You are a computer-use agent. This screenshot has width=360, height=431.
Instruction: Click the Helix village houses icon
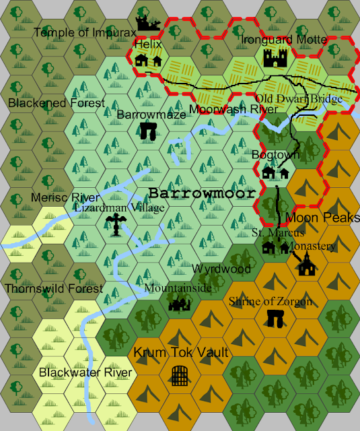148,61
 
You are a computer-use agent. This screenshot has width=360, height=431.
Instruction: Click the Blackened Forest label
57,103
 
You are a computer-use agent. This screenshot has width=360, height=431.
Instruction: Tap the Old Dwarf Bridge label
299,99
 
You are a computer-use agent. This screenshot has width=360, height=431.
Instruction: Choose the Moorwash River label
233,109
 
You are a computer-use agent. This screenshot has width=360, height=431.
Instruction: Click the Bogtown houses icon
275,173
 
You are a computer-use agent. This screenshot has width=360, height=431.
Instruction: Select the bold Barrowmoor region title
202,193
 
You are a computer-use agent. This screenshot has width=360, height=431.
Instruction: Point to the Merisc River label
65,198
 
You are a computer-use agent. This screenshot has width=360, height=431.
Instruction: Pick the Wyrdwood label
221,269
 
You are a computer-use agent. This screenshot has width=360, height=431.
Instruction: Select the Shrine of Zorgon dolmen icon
275,319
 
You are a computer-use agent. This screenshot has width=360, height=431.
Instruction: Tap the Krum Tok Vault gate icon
180,375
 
